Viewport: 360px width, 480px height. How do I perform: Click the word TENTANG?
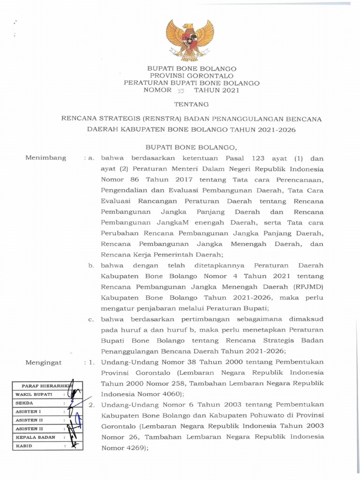[190, 104]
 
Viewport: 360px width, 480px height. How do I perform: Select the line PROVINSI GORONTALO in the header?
[190, 75]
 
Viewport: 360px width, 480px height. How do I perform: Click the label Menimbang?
[46, 157]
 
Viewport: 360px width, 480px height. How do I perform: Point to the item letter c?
[92, 320]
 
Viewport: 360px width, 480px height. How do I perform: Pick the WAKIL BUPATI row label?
[34, 394]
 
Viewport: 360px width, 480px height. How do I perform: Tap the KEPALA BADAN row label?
[35, 437]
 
